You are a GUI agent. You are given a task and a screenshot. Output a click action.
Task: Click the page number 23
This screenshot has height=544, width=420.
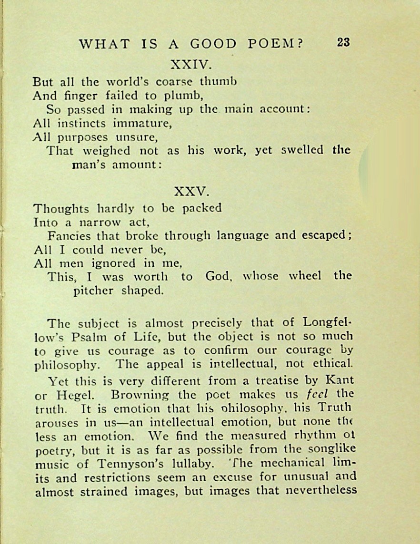pos(343,42)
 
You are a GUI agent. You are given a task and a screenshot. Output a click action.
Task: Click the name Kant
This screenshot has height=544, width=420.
pos(339,381)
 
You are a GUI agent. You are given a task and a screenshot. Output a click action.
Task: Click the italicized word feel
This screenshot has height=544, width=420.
pos(319,394)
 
